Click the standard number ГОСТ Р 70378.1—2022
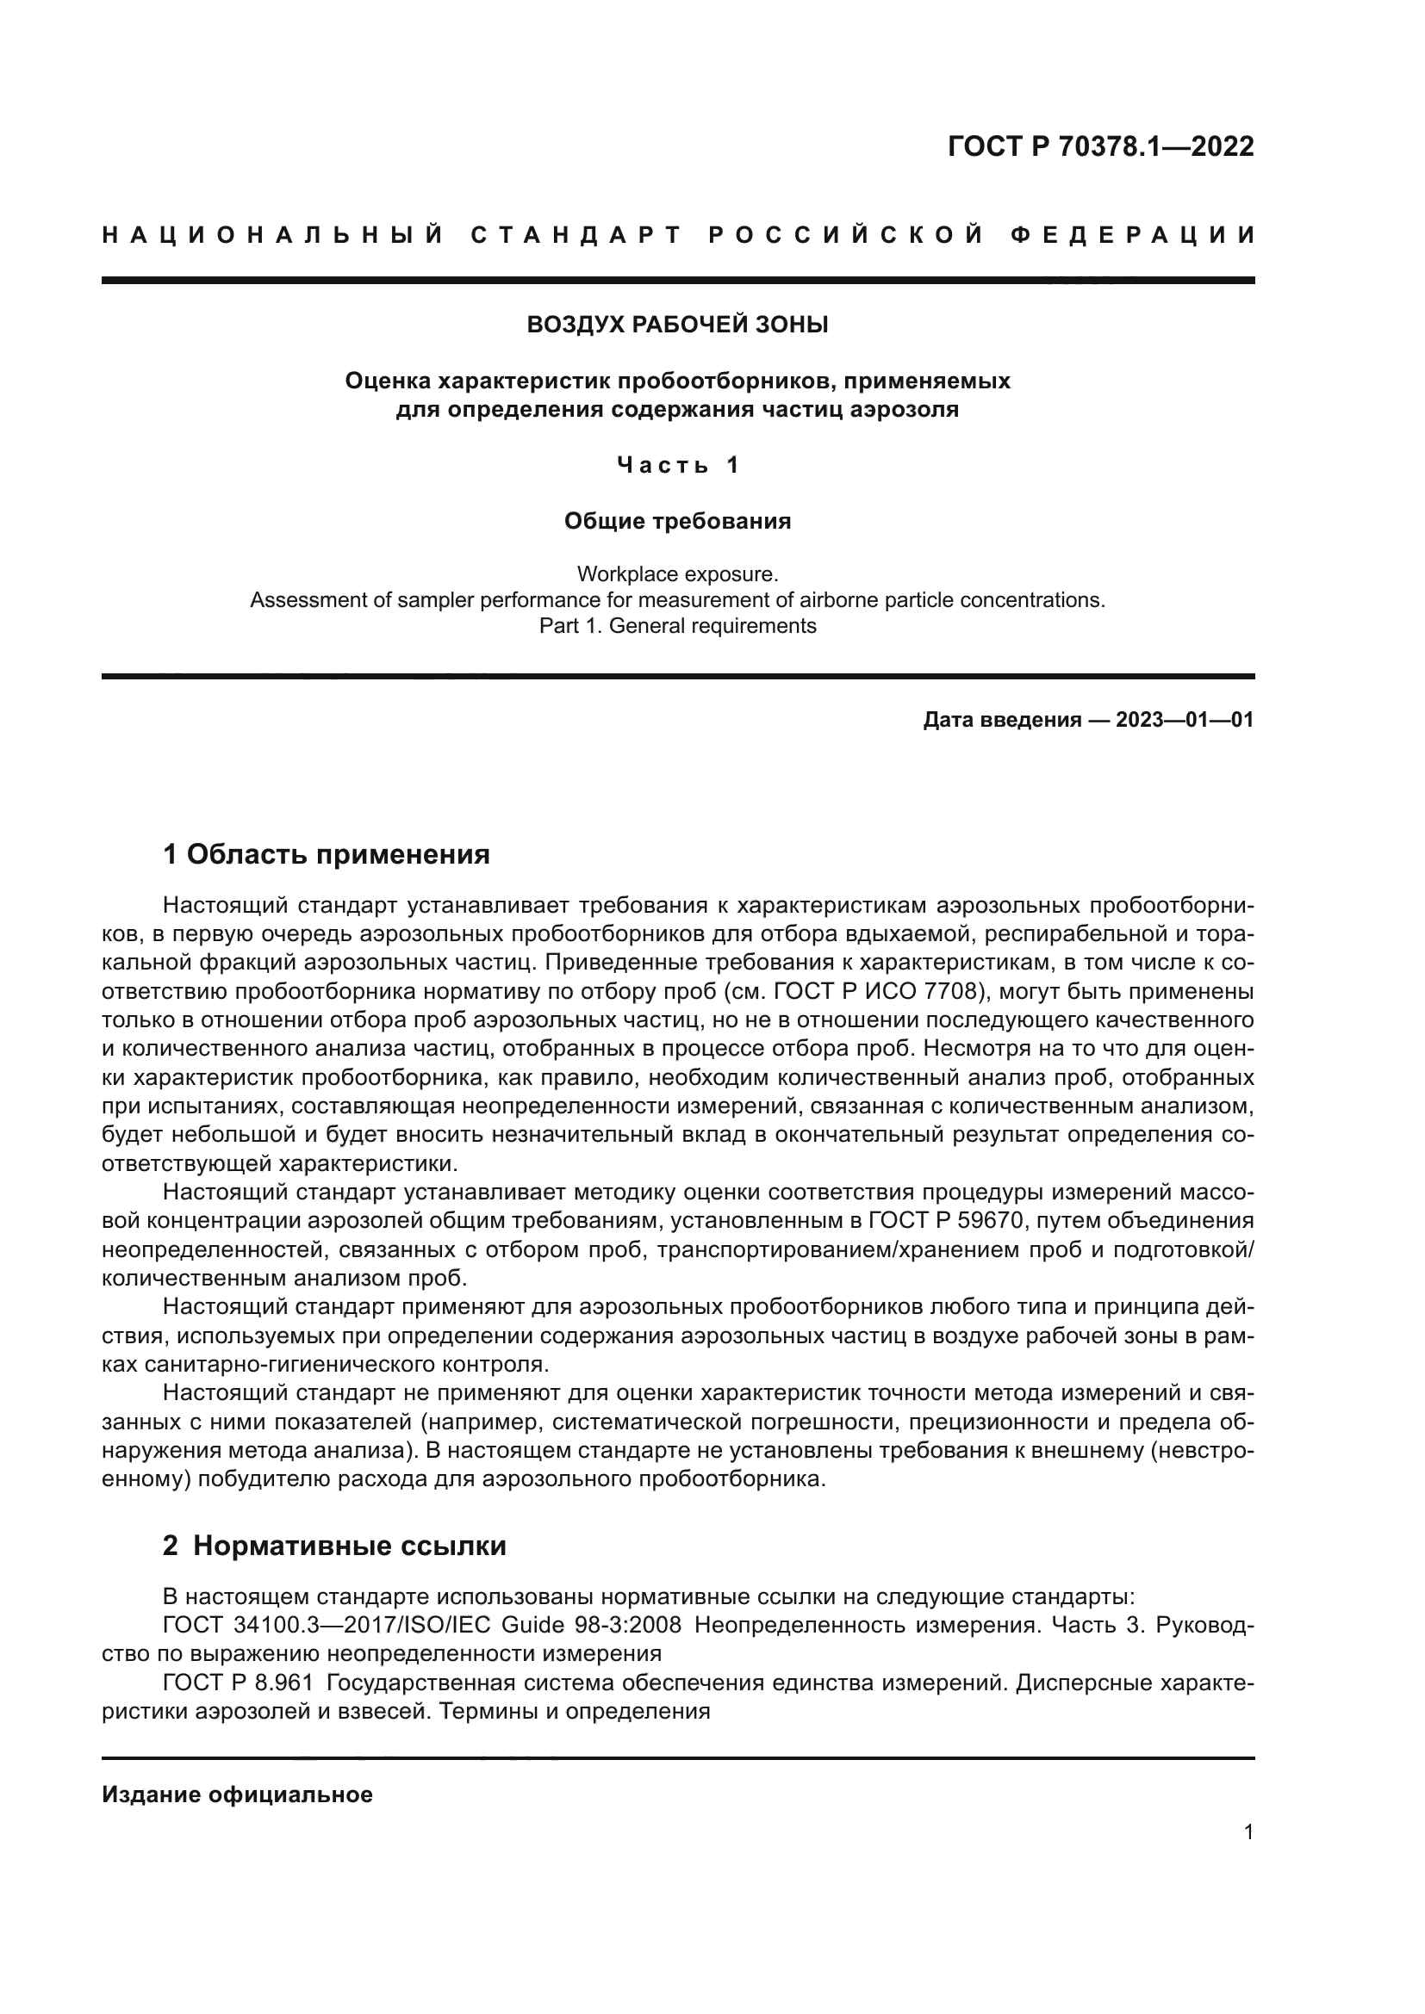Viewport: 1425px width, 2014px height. [1100, 146]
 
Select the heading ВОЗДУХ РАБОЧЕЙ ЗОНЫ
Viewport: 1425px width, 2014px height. [676, 325]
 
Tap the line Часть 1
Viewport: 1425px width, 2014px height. [677, 465]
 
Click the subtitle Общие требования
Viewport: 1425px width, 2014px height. [677, 521]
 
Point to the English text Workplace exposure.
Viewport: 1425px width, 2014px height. [677, 573]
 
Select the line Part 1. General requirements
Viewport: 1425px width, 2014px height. [677, 626]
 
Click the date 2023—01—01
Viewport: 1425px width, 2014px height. [1184, 720]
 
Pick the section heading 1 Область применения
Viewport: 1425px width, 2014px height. [327, 853]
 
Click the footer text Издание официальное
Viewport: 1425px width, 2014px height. [237, 1794]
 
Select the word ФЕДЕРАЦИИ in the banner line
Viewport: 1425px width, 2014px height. [1133, 235]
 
